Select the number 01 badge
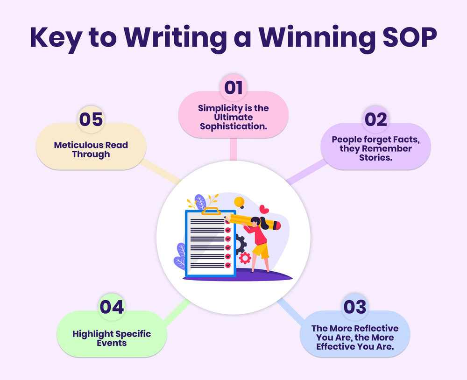pyautogui.click(x=233, y=88)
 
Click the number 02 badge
pyautogui.click(x=376, y=120)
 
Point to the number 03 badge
pyautogui.click(x=355, y=307)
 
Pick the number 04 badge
pyautogui.click(x=112, y=307)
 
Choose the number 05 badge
pyautogui.click(x=91, y=120)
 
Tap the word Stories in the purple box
pyautogui.click(x=375, y=157)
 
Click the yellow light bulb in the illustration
pyautogui.click(x=239, y=203)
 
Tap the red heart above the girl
pyautogui.click(x=264, y=209)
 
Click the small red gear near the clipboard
pyautogui.click(x=245, y=258)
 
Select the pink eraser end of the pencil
pyautogui.click(x=276, y=225)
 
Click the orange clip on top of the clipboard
pyautogui.click(x=211, y=211)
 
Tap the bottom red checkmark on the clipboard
pyautogui.click(x=228, y=265)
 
